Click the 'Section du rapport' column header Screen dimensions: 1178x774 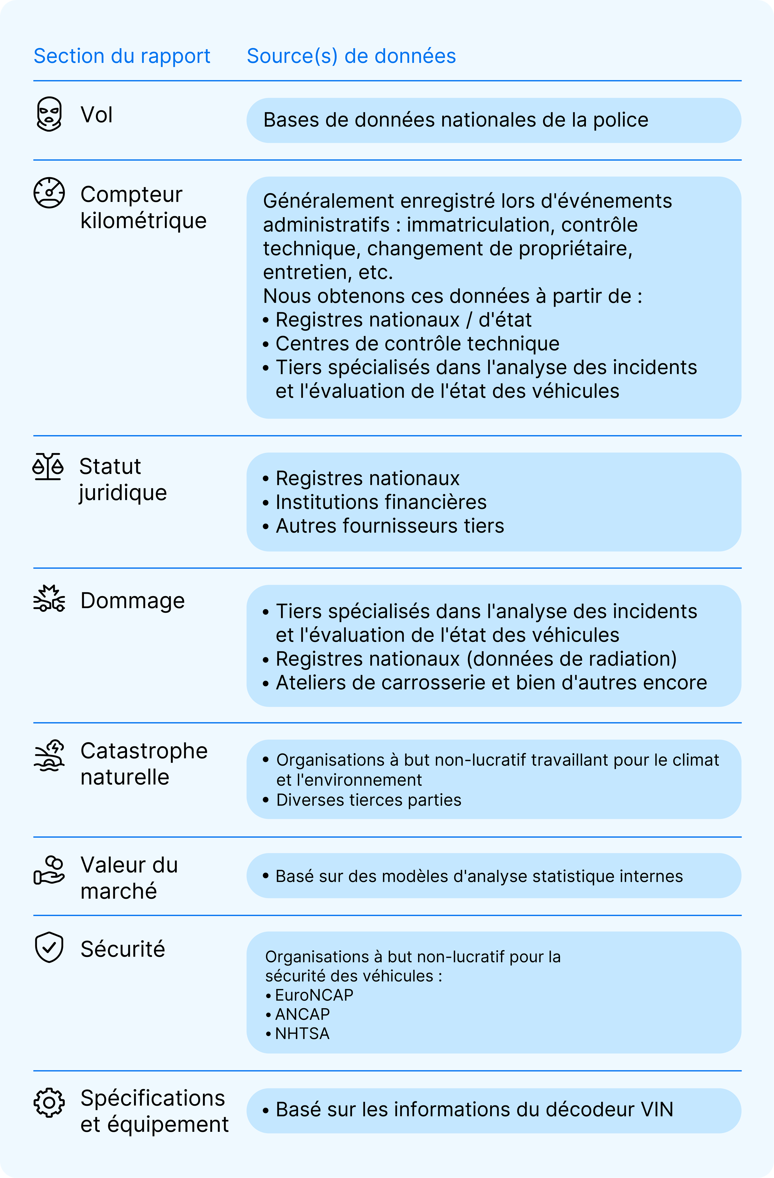(x=122, y=56)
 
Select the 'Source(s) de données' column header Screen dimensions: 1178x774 (x=351, y=56)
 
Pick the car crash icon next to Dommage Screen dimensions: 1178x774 (x=49, y=599)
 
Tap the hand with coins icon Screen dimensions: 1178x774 (x=49, y=870)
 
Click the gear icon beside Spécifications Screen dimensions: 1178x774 (x=49, y=1103)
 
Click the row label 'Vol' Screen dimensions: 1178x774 (x=97, y=115)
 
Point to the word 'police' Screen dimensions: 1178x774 (x=621, y=120)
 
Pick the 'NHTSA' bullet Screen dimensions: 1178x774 (x=302, y=1033)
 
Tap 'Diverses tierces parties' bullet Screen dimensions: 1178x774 (x=368, y=800)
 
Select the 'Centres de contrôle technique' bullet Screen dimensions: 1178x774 (x=417, y=343)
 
